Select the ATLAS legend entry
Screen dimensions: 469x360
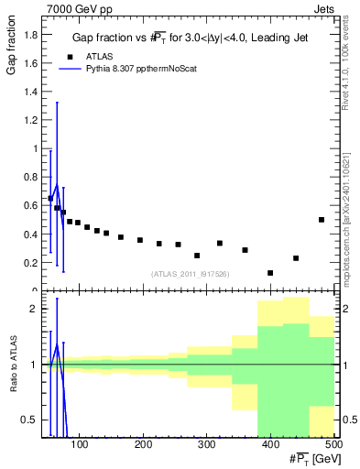(101, 55)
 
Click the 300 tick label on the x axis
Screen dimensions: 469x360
(206, 445)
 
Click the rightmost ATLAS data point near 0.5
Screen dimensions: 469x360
(322, 220)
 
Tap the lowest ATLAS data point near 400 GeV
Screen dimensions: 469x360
(270, 273)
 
